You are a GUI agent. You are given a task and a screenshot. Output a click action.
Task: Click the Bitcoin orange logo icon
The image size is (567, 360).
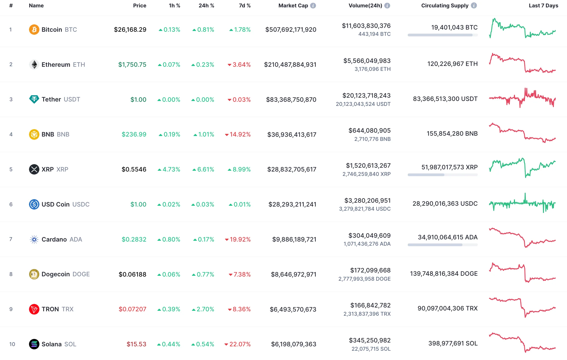coord(34,30)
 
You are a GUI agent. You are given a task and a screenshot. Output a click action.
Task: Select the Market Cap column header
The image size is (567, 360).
coord(293,5)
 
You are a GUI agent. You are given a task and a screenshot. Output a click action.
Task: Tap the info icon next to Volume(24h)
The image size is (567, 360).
coord(387,5)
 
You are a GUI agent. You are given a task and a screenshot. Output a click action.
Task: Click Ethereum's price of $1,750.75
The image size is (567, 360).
coord(132,65)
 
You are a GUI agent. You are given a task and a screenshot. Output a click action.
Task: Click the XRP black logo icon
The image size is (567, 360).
coord(34,169)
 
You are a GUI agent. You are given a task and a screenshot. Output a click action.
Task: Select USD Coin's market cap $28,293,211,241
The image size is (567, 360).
coord(292,204)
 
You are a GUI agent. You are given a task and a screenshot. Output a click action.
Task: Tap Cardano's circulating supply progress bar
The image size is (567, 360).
coord(442,245)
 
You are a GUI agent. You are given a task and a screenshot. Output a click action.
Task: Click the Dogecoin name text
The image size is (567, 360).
coord(56,274)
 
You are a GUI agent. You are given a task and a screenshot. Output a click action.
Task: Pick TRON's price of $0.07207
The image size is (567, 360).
coord(132,309)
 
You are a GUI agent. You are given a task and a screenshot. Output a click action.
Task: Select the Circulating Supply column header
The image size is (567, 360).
coord(445,5)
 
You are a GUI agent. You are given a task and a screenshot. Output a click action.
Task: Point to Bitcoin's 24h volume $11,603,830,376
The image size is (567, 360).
coord(366,26)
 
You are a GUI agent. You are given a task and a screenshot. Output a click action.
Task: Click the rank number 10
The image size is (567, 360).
coord(12,344)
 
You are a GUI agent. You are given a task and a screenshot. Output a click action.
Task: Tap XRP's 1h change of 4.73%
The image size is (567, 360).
coord(169,169)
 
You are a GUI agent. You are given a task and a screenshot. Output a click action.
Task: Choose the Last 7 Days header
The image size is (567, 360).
coord(543,5)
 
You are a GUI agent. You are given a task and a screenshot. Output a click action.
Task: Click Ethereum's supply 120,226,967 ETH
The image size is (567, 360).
coord(452,64)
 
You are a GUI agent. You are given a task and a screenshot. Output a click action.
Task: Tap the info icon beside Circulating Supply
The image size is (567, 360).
coord(474,5)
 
